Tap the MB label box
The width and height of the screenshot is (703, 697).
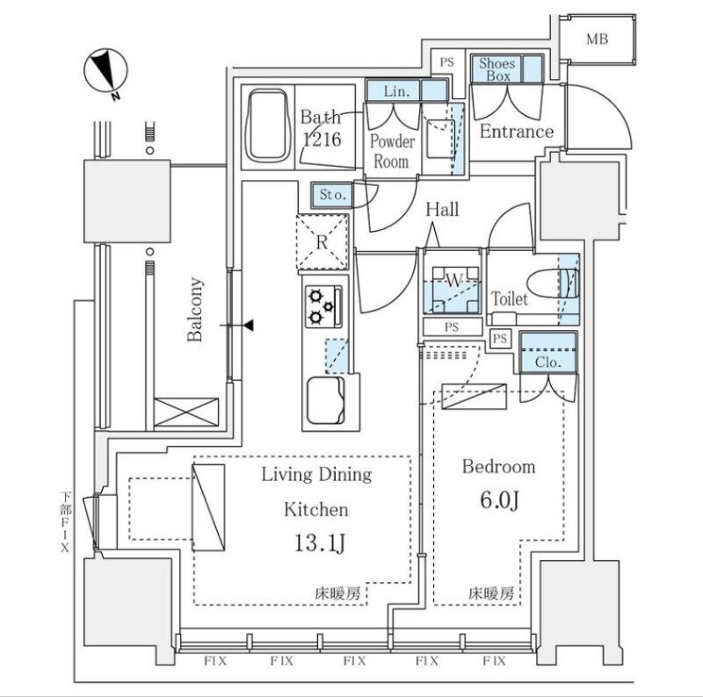(x=597, y=40)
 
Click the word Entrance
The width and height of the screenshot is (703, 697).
(x=516, y=132)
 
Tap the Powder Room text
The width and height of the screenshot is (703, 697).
(x=391, y=151)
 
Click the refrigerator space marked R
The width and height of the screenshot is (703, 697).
(x=323, y=241)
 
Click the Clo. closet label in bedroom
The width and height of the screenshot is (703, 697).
(x=547, y=361)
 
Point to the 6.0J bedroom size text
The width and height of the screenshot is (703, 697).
(x=499, y=501)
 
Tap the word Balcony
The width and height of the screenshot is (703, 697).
(x=196, y=309)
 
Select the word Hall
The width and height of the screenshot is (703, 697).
(x=442, y=209)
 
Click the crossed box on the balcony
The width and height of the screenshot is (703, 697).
(x=186, y=413)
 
